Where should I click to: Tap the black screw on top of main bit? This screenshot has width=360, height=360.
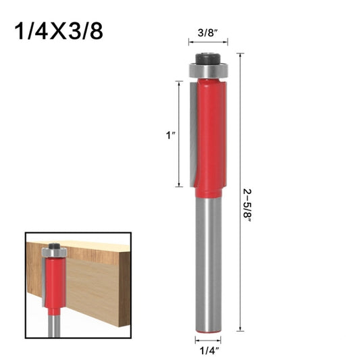(207, 59)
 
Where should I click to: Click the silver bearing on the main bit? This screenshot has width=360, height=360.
(207, 69)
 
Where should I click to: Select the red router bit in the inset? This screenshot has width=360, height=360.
(53, 284)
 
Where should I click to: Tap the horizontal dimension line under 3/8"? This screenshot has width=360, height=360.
(207, 42)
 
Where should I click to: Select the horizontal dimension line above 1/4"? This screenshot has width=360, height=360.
(207, 337)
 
